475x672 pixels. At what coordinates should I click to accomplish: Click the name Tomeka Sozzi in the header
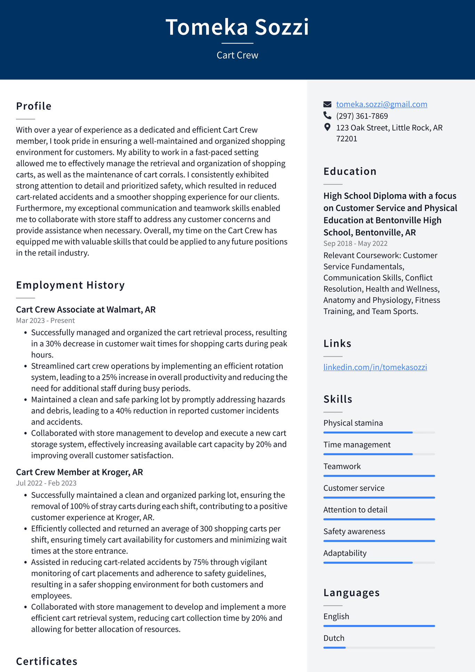pyautogui.click(x=237, y=27)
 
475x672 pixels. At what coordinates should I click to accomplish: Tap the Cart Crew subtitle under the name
pyautogui.click(x=237, y=55)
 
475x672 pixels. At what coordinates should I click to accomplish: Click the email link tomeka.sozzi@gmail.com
pyautogui.click(x=381, y=104)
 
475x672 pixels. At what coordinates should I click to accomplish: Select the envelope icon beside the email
pyautogui.click(x=327, y=104)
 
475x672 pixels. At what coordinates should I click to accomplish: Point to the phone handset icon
pyautogui.click(x=327, y=115)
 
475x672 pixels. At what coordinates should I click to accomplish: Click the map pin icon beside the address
pyautogui.click(x=327, y=127)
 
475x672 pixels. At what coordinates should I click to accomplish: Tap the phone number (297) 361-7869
pyautogui.click(x=362, y=116)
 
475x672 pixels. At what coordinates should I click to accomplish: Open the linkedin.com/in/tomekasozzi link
pyautogui.click(x=375, y=367)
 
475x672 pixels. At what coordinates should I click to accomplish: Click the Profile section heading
pyautogui.click(x=34, y=106)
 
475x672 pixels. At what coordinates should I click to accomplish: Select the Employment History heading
pyautogui.click(x=70, y=285)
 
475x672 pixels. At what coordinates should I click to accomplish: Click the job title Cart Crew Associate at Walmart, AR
pyautogui.click(x=86, y=309)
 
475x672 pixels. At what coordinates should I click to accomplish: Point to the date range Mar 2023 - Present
pyautogui.click(x=45, y=321)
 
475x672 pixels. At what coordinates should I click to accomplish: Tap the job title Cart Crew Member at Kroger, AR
pyautogui.click(x=79, y=472)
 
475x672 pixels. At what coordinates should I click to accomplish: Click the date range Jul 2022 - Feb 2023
pyautogui.click(x=46, y=483)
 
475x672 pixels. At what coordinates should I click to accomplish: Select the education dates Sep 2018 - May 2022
pyautogui.click(x=355, y=244)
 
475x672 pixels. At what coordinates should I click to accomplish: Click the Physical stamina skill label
pyautogui.click(x=353, y=423)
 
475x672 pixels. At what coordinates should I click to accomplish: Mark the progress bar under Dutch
pyautogui.click(x=379, y=648)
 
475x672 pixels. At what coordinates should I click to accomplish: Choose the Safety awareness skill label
pyautogui.click(x=354, y=531)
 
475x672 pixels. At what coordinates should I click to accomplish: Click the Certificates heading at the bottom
pyautogui.click(x=47, y=661)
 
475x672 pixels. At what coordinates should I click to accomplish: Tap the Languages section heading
pyautogui.click(x=351, y=593)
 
